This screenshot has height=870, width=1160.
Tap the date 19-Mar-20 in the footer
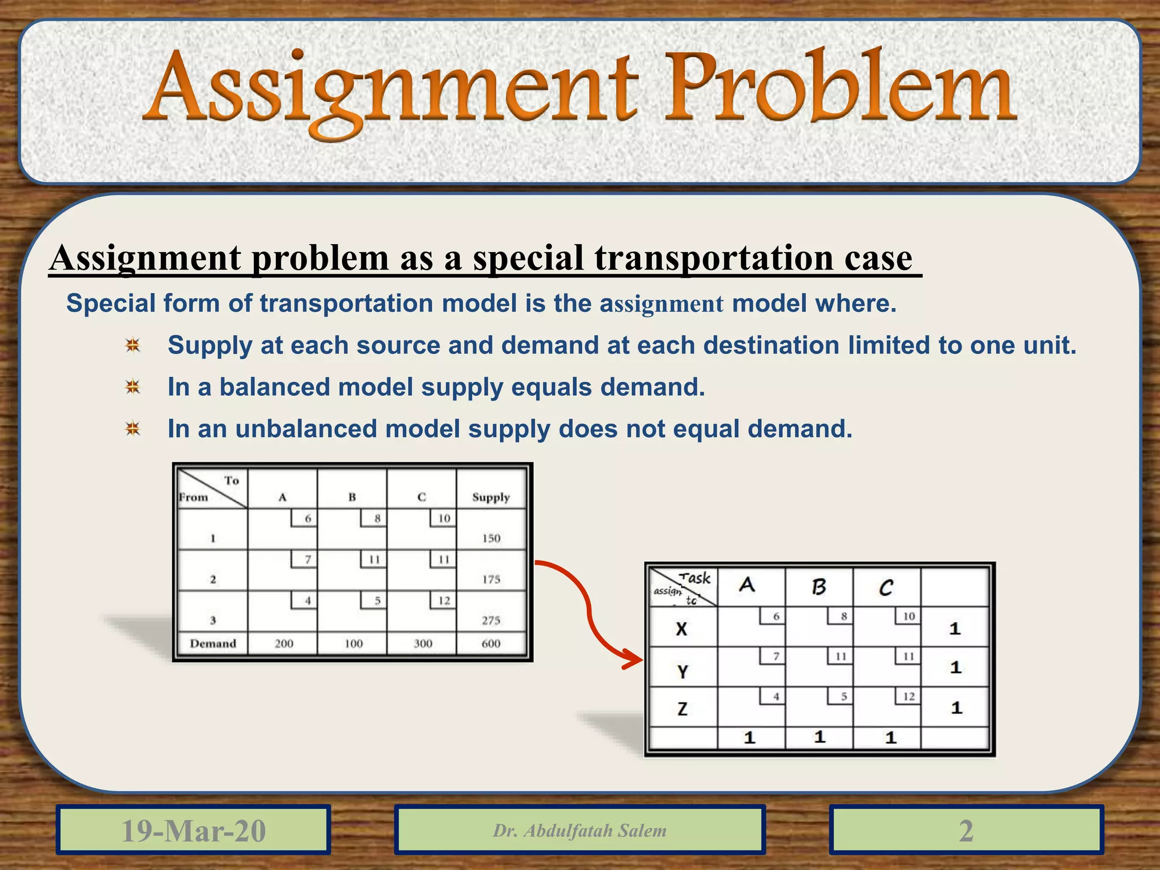pos(194,830)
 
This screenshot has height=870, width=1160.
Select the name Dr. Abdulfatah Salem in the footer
pos(579,830)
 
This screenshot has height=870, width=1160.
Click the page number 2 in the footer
pos(966,830)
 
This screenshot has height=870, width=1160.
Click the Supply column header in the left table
pos(491,497)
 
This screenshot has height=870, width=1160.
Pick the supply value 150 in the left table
pos(491,538)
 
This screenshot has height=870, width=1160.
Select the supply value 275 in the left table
pos(491,620)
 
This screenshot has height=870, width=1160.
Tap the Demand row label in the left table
pos(213,643)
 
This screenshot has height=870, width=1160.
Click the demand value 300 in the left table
pos(423,643)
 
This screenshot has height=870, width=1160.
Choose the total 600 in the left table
pos(491,643)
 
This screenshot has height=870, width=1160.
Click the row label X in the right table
pos(682,629)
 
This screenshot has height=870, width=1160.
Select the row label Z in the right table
pos(683,709)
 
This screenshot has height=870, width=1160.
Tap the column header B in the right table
pos(819,587)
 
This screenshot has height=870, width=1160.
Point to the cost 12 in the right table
pos(909,696)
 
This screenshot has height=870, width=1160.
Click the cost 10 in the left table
pos(444,518)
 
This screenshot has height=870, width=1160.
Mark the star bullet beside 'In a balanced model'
pos(133,387)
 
